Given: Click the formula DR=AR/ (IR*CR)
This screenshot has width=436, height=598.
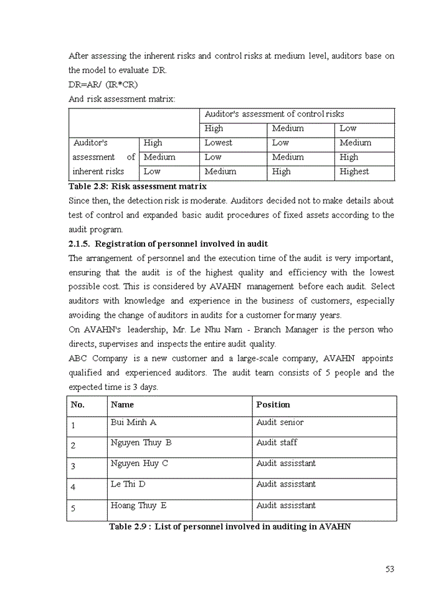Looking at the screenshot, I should point(103,84).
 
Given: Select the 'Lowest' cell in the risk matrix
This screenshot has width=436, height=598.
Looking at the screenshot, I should point(218,143).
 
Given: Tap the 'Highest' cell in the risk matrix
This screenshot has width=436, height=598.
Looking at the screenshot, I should point(354,171).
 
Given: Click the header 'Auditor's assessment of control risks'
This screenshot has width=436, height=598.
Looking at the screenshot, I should point(274,114).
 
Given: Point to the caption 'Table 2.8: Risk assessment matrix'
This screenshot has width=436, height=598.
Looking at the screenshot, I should point(137,186).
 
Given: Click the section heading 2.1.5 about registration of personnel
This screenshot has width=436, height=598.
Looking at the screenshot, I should point(168,244).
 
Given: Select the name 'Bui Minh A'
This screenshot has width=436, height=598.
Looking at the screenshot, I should point(133,422).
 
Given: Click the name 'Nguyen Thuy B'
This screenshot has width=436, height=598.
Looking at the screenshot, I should point(141,443).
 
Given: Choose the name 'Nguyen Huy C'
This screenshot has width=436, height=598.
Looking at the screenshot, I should point(139,463).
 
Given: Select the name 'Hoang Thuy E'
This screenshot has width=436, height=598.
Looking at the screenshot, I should point(138,505).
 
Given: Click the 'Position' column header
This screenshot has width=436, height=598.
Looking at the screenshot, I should point(273,404).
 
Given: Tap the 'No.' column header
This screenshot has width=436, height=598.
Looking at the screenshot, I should point(78,404).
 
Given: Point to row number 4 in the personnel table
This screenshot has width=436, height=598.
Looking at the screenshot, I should point(73,487).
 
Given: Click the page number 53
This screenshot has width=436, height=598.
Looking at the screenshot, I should point(390,569).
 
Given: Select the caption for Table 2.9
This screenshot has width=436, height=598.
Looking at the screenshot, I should point(230,527).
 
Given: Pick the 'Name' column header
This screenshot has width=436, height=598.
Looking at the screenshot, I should point(122,404).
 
